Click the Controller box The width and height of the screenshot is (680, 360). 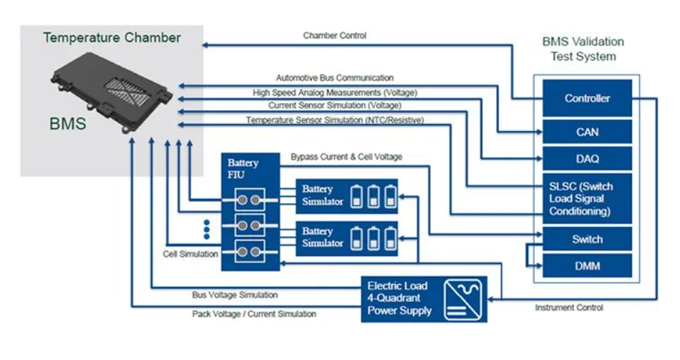pos(587,99)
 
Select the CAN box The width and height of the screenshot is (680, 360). pos(587,132)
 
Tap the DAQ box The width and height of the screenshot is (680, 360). pos(587,159)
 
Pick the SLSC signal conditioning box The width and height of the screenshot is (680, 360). pos(587,198)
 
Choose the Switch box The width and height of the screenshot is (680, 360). pos(587,239)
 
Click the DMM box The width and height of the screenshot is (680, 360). pos(587,266)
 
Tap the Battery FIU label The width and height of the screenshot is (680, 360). pos(243,169)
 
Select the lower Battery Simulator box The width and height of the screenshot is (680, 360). pos(347,237)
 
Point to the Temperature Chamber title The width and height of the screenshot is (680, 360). pos(112,38)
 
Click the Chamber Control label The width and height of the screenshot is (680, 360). pos(335,35)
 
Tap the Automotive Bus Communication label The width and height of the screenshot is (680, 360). pos(335,77)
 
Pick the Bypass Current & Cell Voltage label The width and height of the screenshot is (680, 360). pos(346,157)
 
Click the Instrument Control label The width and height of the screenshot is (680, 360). pos(569,308)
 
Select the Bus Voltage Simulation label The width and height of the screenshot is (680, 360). pos(235,294)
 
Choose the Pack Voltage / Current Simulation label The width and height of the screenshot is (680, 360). pos(254,313)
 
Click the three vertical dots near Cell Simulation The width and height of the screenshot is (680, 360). pos(207,230)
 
